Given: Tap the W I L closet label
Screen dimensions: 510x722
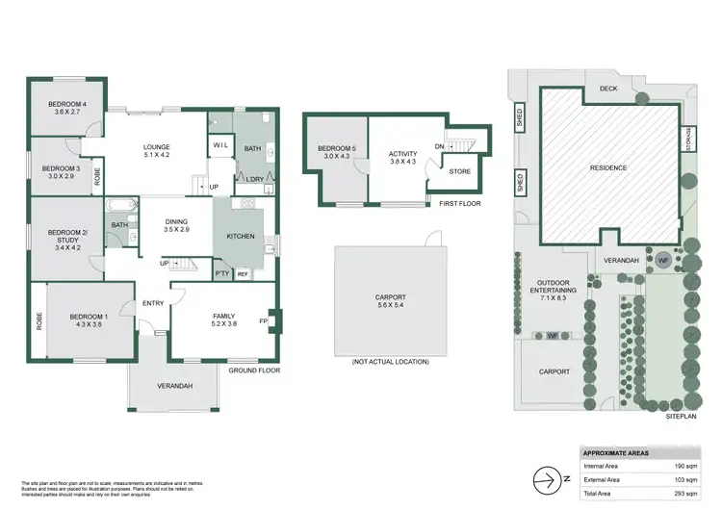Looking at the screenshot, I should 219,146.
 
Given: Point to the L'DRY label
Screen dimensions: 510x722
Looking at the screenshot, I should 255,179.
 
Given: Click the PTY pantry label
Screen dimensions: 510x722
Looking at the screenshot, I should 221,273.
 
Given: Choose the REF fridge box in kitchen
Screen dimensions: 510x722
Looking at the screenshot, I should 243,273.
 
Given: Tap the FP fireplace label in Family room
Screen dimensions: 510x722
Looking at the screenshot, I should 263,320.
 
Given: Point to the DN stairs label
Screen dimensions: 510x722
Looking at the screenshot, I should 440,146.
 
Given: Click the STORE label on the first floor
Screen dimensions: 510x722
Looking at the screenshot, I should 460,171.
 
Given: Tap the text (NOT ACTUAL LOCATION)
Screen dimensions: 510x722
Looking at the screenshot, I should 390,361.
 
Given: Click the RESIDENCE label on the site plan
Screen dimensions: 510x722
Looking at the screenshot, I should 607,168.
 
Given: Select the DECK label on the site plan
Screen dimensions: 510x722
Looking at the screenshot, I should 607,89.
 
